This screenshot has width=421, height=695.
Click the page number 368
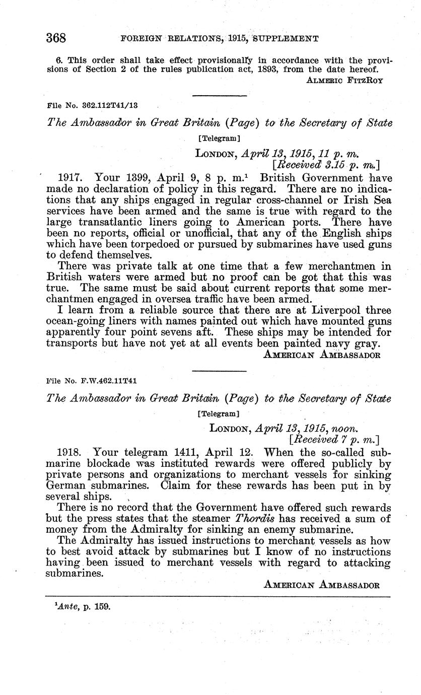coord(56,38)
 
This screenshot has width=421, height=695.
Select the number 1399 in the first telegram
coord(136,178)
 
